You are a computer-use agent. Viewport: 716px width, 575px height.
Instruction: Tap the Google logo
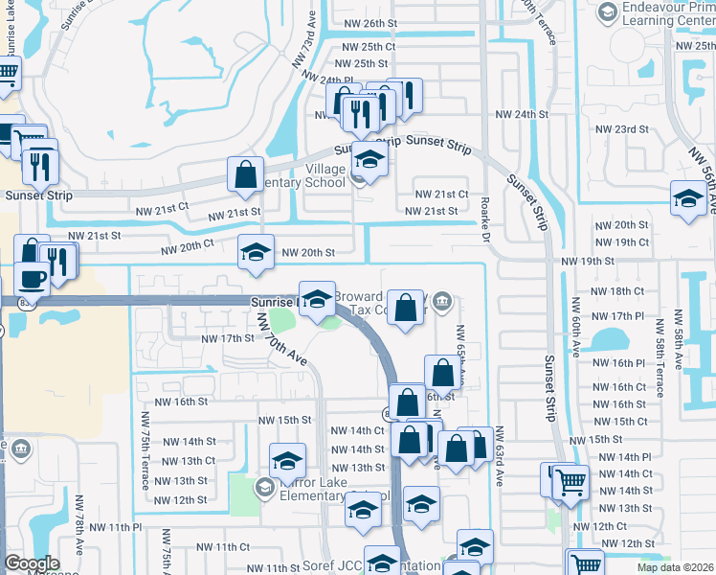tap(32, 563)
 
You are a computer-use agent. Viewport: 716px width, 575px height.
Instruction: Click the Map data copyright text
tap(676, 567)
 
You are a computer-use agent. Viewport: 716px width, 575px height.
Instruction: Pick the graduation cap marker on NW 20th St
tap(256, 252)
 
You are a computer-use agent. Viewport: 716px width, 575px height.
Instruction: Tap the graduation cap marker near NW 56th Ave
tap(688, 198)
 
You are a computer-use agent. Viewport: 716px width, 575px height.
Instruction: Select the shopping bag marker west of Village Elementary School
tap(245, 174)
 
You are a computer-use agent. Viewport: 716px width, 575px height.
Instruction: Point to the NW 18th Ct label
tap(617, 290)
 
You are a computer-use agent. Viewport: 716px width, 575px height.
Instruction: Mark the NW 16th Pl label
tap(619, 363)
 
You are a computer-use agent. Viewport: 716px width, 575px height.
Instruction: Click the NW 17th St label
tap(227, 338)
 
